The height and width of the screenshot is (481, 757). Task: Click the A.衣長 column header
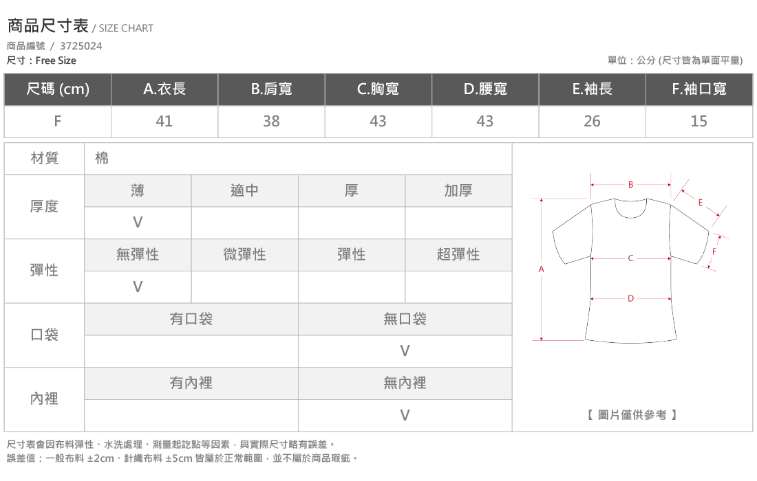(x=164, y=89)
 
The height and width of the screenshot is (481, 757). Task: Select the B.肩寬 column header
(x=271, y=89)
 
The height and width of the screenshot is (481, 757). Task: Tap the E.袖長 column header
(x=592, y=89)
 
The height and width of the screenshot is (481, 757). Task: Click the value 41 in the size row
(x=164, y=121)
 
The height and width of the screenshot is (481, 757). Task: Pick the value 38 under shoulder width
(x=271, y=121)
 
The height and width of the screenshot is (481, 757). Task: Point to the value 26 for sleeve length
(x=592, y=121)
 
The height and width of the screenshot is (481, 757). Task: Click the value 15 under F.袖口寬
(x=699, y=121)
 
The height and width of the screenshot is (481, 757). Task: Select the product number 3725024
(x=81, y=46)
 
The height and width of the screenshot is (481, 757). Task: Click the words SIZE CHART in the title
(x=126, y=28)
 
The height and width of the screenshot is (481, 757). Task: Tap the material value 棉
(x=102, y=158)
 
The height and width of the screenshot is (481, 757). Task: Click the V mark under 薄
(x=138, y=222)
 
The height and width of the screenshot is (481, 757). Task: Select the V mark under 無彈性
(x=138, y=287)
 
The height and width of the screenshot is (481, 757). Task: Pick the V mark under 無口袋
(x=405, y=351)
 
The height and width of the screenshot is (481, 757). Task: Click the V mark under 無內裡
(x=405, y=415)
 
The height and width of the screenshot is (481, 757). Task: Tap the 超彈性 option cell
(x=458, y=254)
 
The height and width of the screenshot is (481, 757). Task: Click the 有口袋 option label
(x=191, y=319)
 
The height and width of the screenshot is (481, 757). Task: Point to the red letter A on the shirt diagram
(x=541, y=269)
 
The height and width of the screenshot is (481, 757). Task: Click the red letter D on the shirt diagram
(x=630, y=298)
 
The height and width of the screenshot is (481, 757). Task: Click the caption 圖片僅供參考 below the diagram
(x=632, y=415)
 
